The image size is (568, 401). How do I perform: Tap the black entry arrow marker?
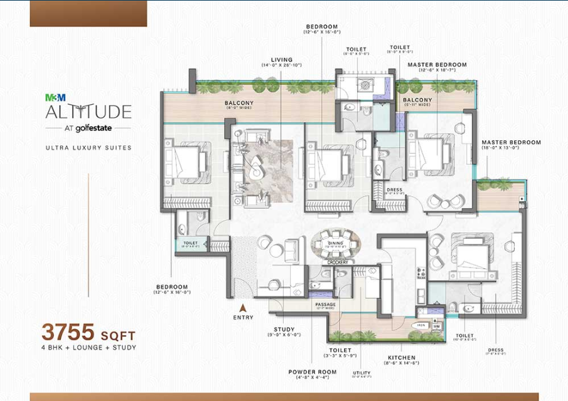click(242, 308)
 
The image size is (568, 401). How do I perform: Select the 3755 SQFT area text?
click(88, 331)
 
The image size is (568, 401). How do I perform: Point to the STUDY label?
click(284, 329)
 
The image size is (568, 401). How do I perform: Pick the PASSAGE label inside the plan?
click(326, 305)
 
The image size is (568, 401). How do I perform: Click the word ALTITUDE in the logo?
click(88, 112)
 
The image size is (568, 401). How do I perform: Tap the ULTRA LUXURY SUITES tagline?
click(88, 148)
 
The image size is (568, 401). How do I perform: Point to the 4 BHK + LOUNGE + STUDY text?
click(88, 347)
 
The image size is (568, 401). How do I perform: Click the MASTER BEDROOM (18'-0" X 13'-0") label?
click(511, 143)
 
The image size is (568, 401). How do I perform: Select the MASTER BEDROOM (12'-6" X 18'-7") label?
click(437, 65)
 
